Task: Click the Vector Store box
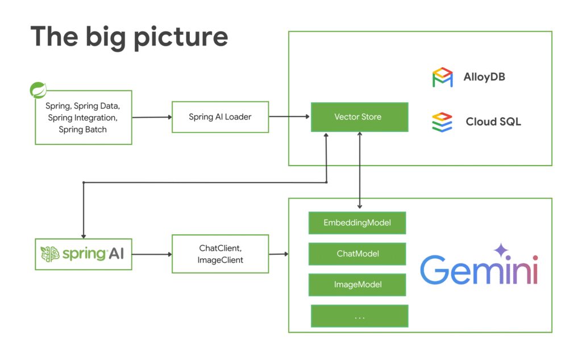coord(359,117)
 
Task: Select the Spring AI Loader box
coord(220,117)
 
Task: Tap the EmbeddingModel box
coord(357,222)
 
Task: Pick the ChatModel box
coord(357,254)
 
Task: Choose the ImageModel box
coord(357,284)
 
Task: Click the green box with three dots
coord(359,316)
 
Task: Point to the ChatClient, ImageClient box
coord(220,254)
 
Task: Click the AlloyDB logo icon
coord(442,77)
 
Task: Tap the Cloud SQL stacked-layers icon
coord(442,122)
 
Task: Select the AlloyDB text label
coord(484,77)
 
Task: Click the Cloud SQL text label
coord(493,122)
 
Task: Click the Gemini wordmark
coord(479,270)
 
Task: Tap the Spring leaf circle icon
coord(38,90)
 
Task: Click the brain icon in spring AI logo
coord(50,254)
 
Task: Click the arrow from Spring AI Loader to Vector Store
coord(289,117)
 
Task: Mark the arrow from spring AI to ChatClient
coord(152,254)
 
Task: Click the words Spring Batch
coord(83,130)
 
